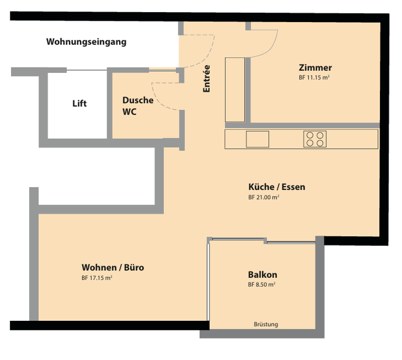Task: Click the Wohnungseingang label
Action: [86, 42]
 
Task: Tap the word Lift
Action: [79, 104]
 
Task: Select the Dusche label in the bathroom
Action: [138, 100]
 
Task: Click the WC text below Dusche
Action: [130, 112]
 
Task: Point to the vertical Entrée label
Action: [207, 78]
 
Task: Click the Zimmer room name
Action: [316, 68]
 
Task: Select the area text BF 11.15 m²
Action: [314, 77]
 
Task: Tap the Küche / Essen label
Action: [277, 187]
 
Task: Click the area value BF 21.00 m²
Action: [264, 197]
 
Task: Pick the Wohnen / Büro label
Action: [113, 267]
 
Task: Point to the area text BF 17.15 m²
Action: [97, 278]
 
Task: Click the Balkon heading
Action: [262, 275]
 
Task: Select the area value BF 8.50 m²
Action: [262, 285]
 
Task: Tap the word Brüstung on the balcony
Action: [266, 324]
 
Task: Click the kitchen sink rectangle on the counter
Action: [257, 139]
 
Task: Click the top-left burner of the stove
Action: [310, 135]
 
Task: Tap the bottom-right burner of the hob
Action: [320, 143]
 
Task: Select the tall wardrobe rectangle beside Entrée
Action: [235, 90]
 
